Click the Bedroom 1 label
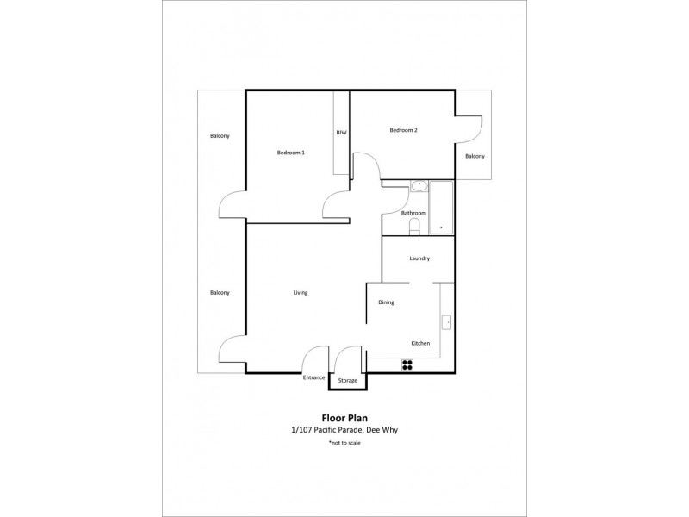[x=290, y=153]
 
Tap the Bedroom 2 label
[x=403, y=130]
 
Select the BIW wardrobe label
[x=341, y=133]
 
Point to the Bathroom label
[x=413, y=213]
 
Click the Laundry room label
[x=419, y=258]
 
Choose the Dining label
[x=387, y=302]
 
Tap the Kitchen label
[x=419, y=344]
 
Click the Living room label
[x=300, y=293]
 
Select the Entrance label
[x=313, y=377]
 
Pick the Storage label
[x=347, y=380]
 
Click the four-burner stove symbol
[x=407, y=364]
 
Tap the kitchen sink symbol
[x=446, y=323]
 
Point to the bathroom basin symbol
[x=419, y=186]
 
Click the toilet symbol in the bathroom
[x=414, y=227]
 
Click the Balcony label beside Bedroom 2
[x=475, y=156]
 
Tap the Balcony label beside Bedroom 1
[x=220, y=136]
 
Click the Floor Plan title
[x=344, y=418]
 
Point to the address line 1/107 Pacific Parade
[x=344, y=430]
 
